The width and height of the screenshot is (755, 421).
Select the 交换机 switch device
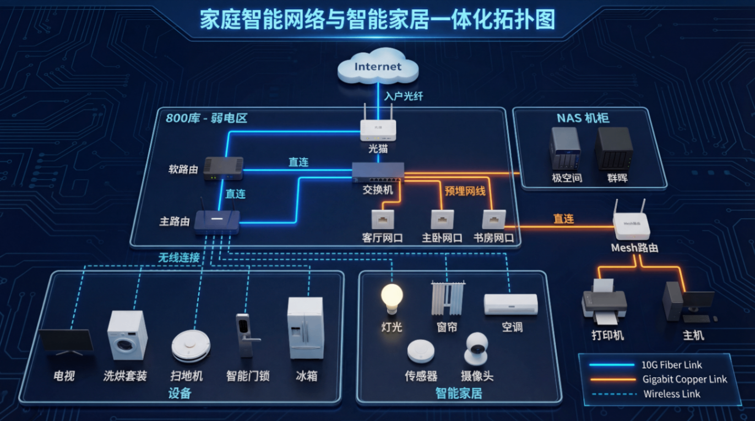point(378,172)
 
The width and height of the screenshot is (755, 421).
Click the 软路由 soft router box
point(223,168)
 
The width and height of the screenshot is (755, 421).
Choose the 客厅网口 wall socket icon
point(382,219)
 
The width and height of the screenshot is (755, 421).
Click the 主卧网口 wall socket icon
point(442,219)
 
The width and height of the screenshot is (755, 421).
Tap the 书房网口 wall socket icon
point(493,219)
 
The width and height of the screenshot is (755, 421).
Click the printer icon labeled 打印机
point(605,302)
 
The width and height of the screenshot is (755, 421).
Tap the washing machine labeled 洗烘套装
point(127,335)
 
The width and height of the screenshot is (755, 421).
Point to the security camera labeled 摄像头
point(476,349)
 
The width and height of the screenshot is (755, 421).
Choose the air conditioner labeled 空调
point(510,304)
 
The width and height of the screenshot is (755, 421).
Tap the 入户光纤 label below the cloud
point(404,96)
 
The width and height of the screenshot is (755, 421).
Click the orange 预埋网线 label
point(465,191)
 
